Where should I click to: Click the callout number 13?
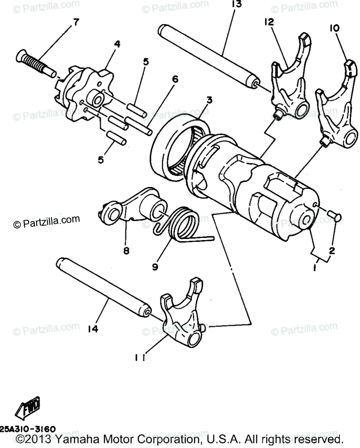pyautogui.click(x=236, y=4)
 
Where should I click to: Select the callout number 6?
pyautogui.click(x=175, y=79)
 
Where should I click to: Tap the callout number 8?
pyautogui.click(x=126, y=251)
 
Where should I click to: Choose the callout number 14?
pyautogui.click(x=93, y=329)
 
